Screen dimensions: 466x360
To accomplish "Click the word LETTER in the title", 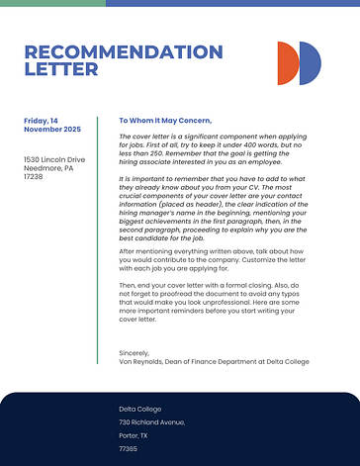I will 60,70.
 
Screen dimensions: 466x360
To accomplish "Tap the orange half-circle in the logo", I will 288,62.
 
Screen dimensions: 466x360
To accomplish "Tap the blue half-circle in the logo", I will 311,62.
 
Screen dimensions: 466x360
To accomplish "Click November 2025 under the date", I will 51,130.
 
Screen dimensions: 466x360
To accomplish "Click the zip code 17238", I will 34,176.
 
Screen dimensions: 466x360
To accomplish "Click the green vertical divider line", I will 97,247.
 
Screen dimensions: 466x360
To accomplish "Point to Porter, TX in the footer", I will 134,435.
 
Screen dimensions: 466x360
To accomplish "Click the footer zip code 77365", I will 129,448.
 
